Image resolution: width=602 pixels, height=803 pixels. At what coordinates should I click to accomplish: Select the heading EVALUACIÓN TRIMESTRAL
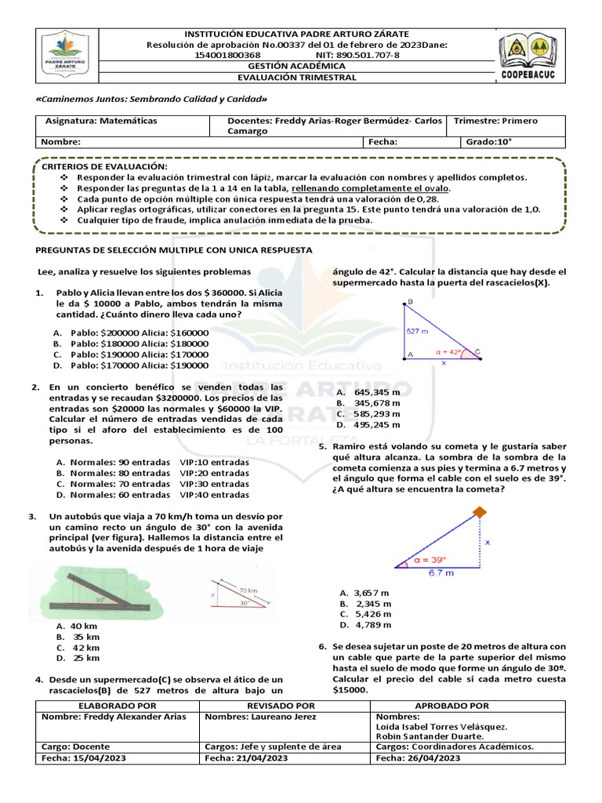pyautogui.click(x=297, y=78)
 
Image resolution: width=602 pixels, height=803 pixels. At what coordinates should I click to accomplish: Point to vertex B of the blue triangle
pyautogui.click(x=404, y=303)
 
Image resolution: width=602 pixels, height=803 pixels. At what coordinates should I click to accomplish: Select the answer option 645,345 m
pyautogui.click(x=368, y=391)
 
